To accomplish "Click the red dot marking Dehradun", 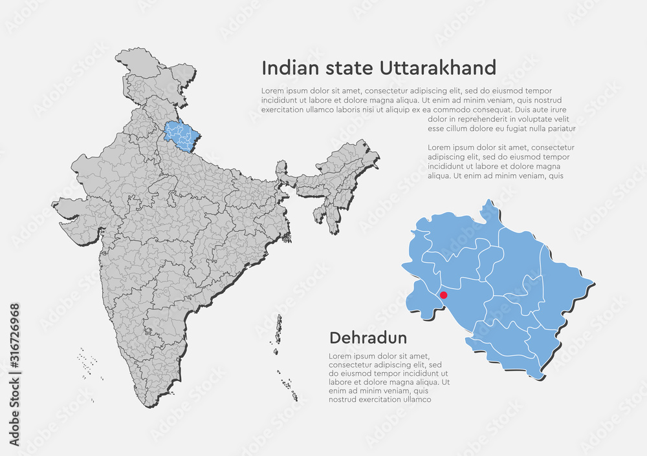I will click(x=443, y=295).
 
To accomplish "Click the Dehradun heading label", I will click(x=368, y=338).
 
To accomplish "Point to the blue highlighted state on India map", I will click(x=181, y=132).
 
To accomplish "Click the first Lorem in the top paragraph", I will click(x=274, y=91).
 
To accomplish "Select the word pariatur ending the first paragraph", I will click(x=560, y=129).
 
